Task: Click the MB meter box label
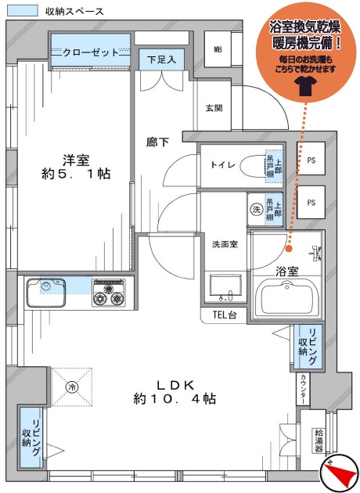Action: (218, 49)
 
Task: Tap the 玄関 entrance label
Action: (214, 108)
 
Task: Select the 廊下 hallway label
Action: (158, 142)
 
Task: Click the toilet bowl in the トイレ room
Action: (252, 167)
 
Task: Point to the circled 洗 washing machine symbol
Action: (257, 210)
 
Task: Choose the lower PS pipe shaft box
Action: (311, 202)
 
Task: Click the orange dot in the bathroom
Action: (289, 249)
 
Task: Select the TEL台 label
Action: (224, 315)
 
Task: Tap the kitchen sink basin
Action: (46, 293)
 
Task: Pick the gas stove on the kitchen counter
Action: (109, 293)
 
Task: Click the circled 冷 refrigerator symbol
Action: (72, 387)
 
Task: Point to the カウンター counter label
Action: (303, 390)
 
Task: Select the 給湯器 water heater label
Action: (319, 440)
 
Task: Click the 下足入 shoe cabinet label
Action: (161, 59)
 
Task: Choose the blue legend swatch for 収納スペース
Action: (23, 11)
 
